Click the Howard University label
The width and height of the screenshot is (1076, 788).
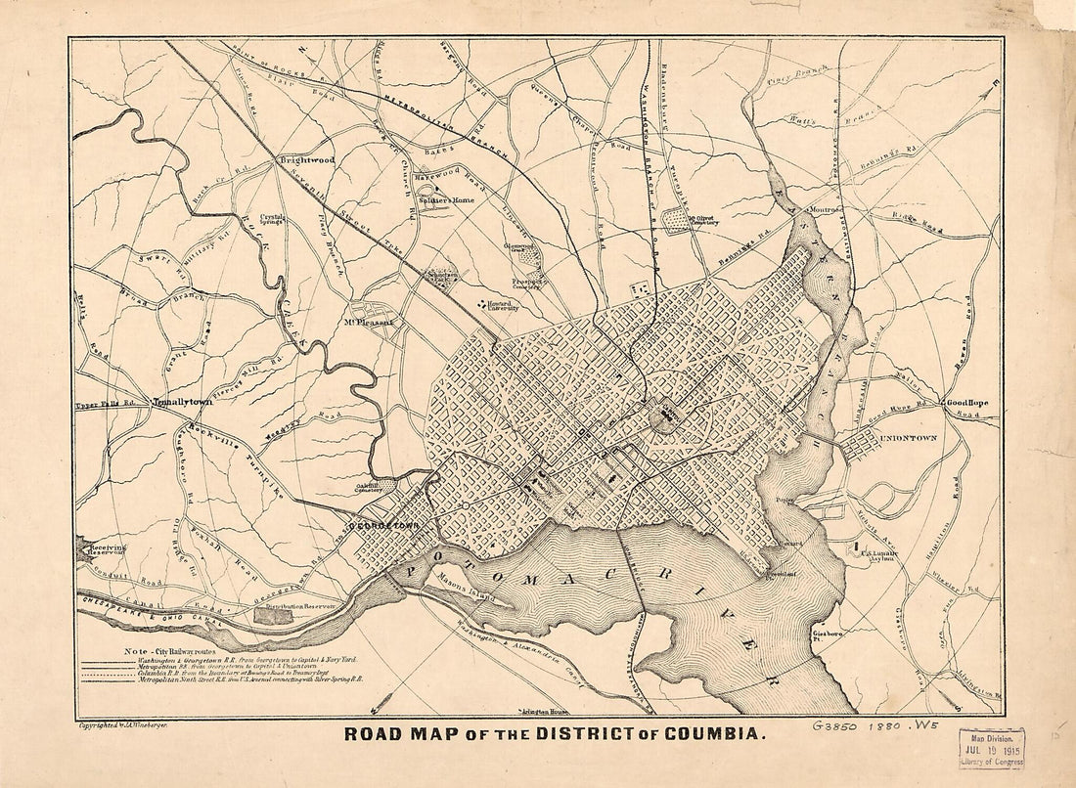tap(501, 305)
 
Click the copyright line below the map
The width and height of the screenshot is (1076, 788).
tap(128, 725)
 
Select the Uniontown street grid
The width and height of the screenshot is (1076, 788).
tap(861, 446)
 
